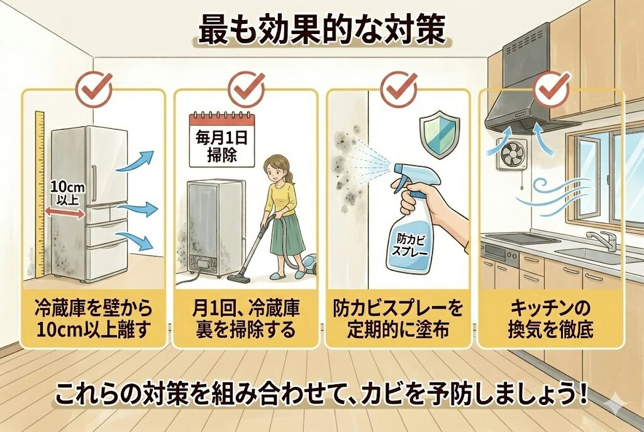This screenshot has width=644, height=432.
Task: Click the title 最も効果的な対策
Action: [322, 30]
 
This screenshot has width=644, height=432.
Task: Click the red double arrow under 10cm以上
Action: [65, 213]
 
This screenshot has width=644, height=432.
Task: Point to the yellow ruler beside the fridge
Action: [40, 194]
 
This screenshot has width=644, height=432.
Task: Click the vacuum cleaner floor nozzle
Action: [238, 279]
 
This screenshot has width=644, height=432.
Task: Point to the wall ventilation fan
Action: [512, 154]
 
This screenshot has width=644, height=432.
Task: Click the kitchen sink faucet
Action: [601, 240]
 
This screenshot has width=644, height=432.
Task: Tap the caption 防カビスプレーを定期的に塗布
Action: [398, 318]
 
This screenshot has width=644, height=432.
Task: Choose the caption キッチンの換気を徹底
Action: [550, 318]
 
